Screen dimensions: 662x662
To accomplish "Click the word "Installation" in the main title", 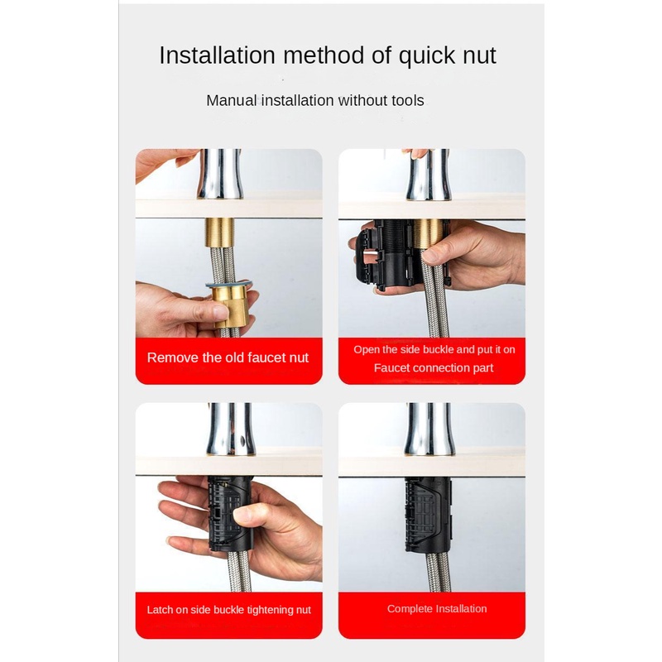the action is [217, 55].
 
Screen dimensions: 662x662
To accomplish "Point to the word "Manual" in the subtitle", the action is [232, 100].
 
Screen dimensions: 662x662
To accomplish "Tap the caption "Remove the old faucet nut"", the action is [228, 357].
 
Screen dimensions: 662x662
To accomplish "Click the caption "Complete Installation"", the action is [437, 609].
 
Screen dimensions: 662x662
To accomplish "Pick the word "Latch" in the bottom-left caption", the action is [157, 610].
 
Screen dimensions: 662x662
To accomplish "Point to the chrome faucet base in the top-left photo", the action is [220, 174].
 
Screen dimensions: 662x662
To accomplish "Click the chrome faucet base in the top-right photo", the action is [428, 175].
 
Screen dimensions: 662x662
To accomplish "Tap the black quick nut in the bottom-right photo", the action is [428, 515].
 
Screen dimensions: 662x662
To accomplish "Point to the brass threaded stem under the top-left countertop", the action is [219, 233].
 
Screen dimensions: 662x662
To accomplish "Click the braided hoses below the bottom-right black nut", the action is [434, 572].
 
